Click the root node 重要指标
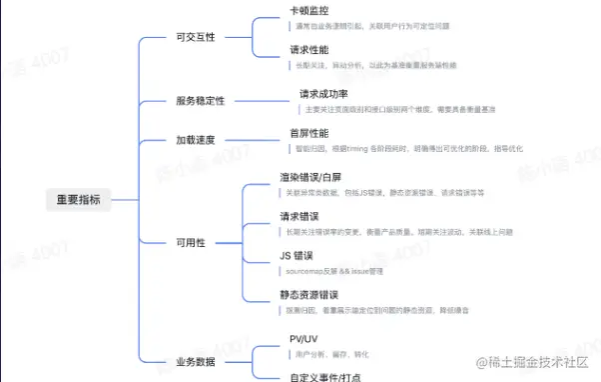coord(79,200)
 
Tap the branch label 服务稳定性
coord(200,101)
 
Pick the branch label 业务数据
coord(195,361)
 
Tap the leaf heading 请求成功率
coord(325,94)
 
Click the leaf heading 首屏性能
coord(308,132)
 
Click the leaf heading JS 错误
coord(299,255)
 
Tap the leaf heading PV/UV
coord(303,337)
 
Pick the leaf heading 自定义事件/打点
coord(324,376)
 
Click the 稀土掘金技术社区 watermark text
coord(537,362)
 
